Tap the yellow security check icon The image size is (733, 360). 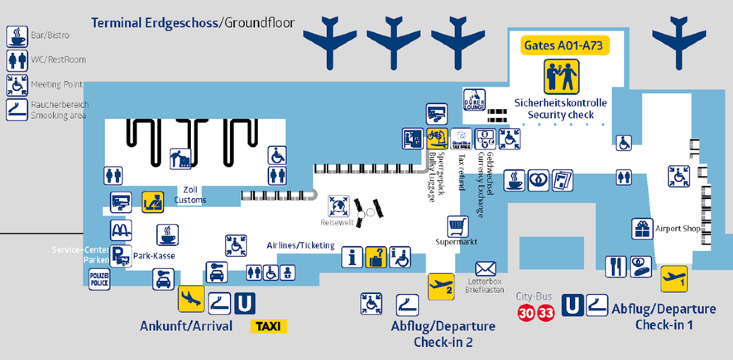[x=560, y=77]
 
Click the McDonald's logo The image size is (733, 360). [x=120, y=229]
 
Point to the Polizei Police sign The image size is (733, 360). [x=99, y=278]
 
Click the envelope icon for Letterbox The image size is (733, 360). [x=485, y=269]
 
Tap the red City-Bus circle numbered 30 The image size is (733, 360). [x=526, y=313]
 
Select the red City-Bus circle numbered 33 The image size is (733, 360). [x=545, y=313]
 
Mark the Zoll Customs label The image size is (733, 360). [x=190, y=194]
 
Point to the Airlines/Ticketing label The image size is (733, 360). [x=300, y=244]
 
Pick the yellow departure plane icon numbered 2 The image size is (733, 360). [x=441, y=286]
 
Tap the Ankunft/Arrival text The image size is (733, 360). [x=186, y=326]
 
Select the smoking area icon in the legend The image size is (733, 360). [x=17, y=110]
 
